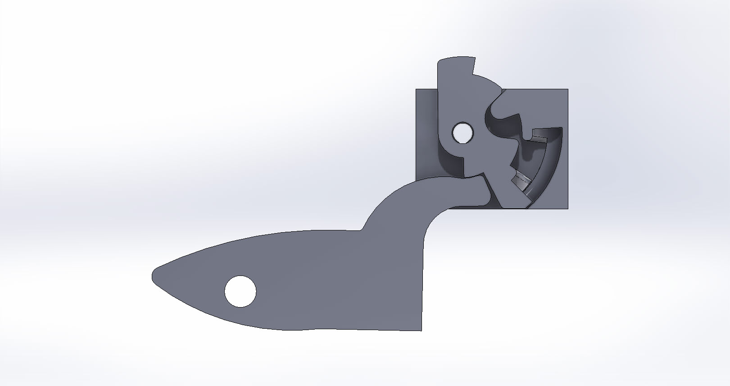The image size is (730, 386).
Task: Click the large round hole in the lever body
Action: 240,291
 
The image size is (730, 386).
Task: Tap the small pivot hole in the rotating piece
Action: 462,133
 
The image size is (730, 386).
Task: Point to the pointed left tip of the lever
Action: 154,274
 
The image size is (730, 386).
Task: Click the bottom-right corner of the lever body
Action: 421,330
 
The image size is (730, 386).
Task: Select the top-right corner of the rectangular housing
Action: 567,90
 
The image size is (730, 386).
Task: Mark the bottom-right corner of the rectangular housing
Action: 567,208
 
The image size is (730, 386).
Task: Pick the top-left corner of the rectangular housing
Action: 417,90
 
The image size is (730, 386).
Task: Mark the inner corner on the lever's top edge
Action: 361,230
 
